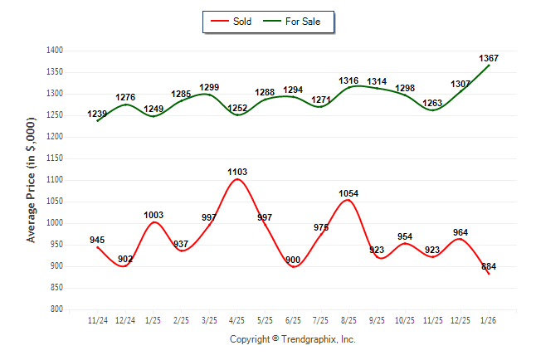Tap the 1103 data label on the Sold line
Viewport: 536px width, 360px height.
[x=237, y=172]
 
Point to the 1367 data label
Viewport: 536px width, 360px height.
[x=489, y=58]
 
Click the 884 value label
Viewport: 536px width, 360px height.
[x=489, y=266]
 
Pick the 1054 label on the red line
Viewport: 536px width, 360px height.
[x=349, y=193]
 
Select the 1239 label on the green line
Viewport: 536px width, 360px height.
[x=97, y=114]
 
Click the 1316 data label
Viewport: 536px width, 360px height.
[x=349, y=80]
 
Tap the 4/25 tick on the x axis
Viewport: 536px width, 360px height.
[x=237, y=319]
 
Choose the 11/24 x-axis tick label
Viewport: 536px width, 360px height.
[x=97, y=319]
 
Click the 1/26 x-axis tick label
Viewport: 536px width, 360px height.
[x=489, y=319]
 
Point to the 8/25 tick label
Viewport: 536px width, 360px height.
[x=349, y=319]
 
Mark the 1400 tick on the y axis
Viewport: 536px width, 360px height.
[x=56, y=51]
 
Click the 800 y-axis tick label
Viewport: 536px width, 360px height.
[x=57, y=309]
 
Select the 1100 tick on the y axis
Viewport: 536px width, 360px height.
[x=56, y=180]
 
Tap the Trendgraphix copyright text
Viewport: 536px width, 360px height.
[x=292, y=339]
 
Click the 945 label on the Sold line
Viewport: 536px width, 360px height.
[x=97, y=241]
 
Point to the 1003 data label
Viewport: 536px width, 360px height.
[x=153, y=215]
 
